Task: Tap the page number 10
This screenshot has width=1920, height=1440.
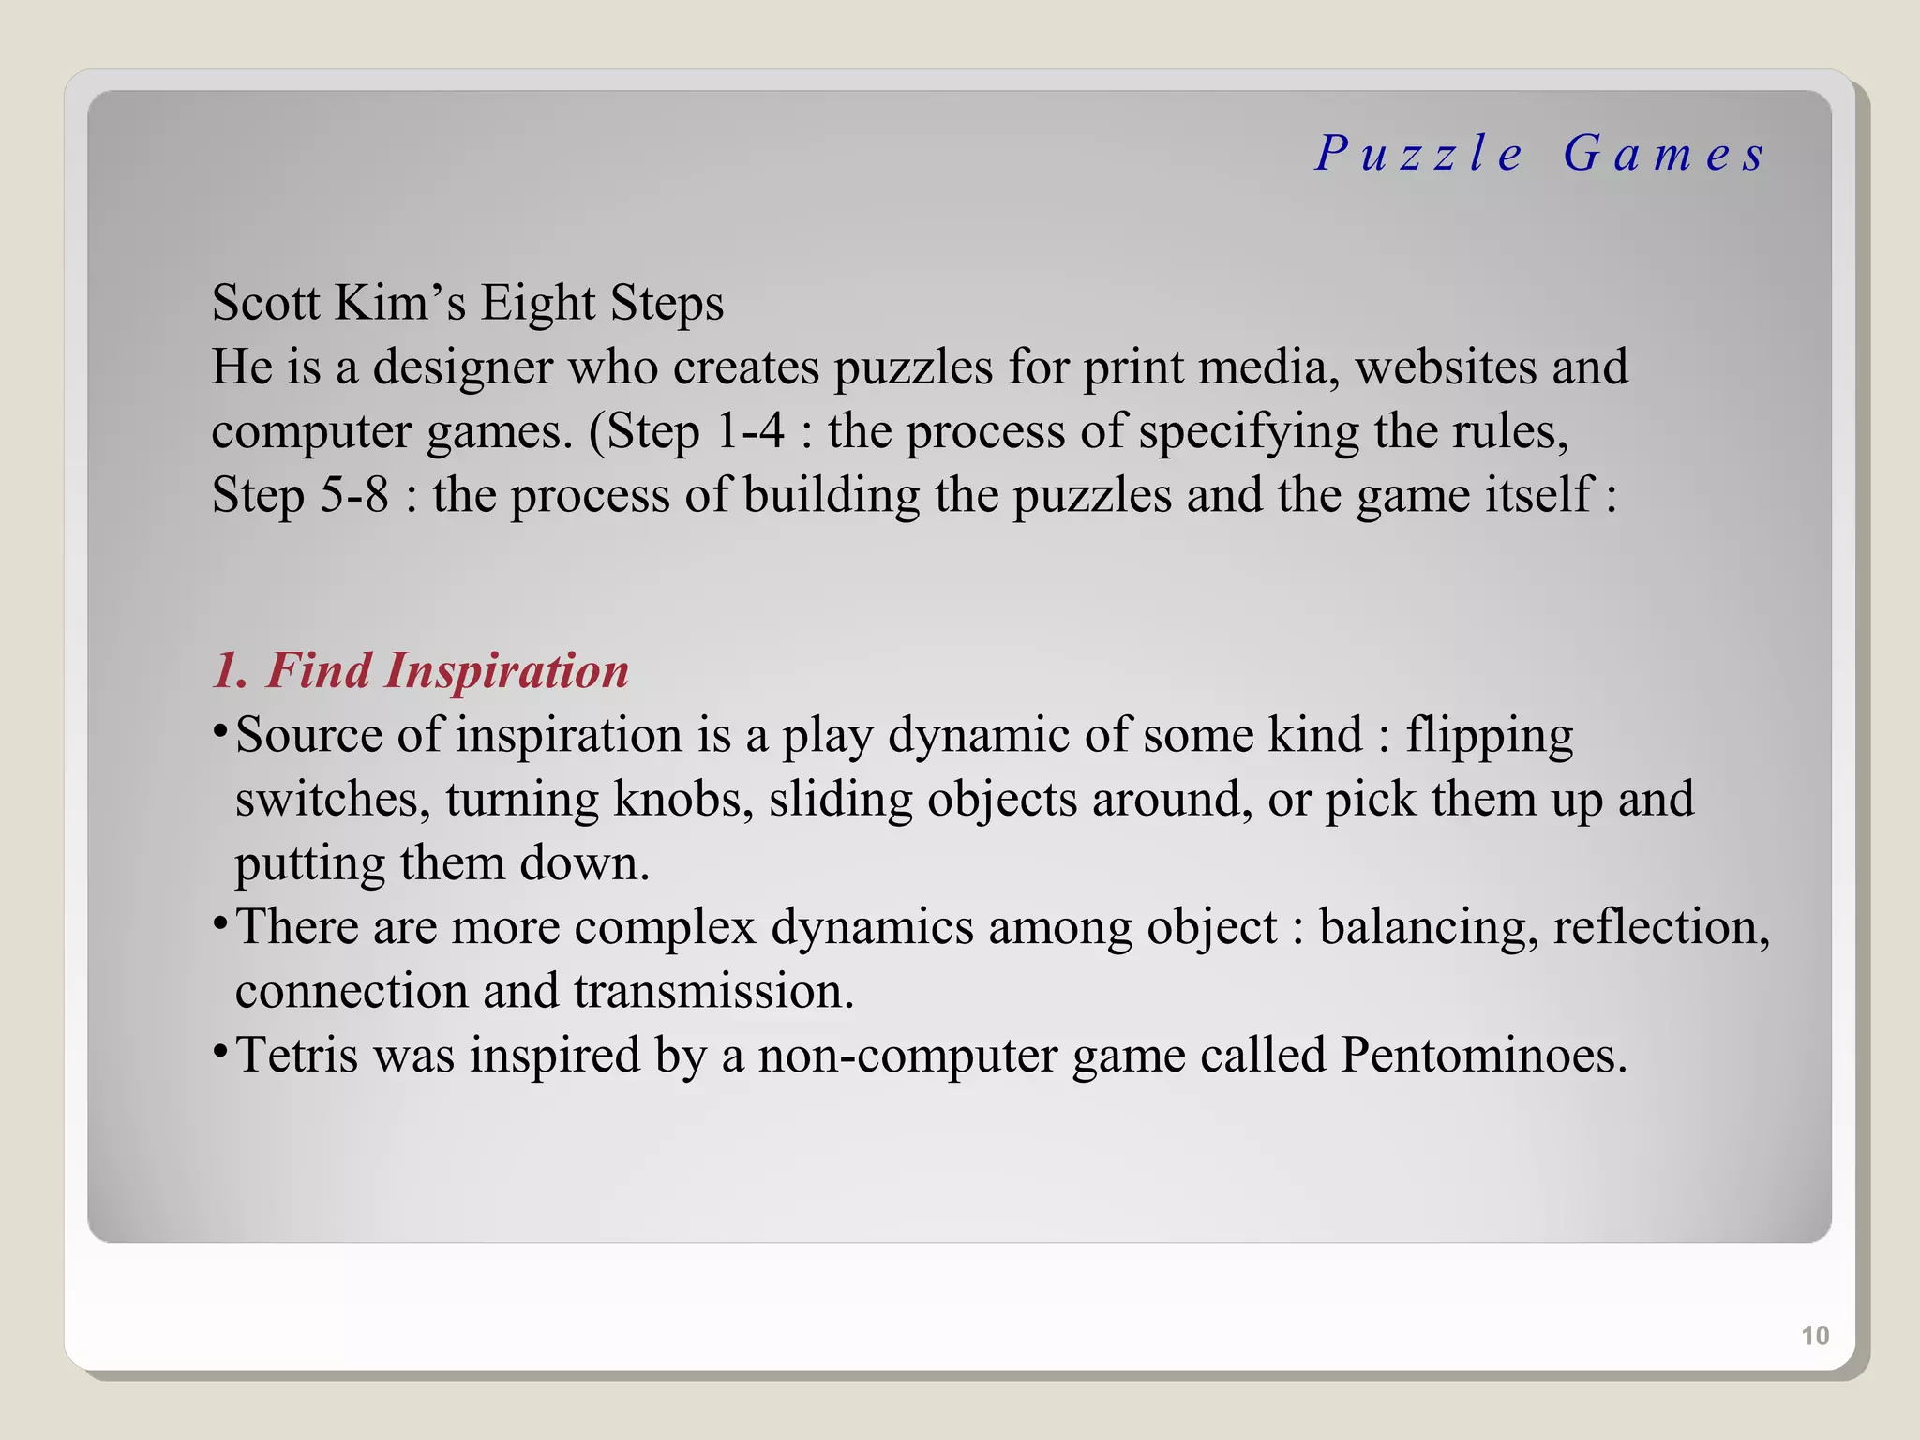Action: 1815,1335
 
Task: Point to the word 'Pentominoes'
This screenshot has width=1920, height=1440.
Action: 1482,1055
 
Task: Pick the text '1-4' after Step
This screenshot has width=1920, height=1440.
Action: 750,431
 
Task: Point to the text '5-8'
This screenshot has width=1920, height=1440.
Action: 354,495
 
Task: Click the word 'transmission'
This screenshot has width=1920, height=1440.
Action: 713,991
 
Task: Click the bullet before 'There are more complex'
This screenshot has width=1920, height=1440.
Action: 219,923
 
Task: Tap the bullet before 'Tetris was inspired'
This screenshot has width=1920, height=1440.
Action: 219,1051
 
